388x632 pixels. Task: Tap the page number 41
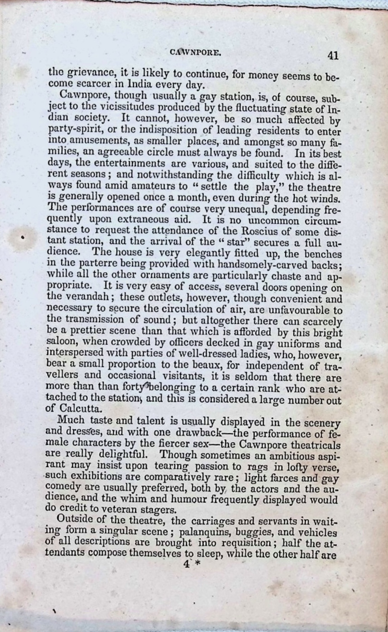pyautogui.click(x=333, y=56)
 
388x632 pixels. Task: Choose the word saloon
pyautogui.click(x=63, y=343)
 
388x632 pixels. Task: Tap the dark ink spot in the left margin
pyautogui.click(x=23, y=237)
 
